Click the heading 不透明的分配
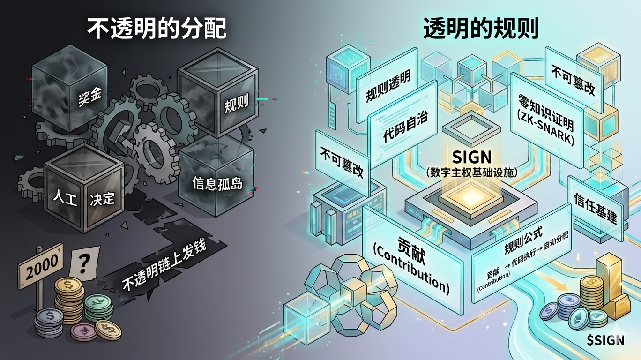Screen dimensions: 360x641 point(157,29)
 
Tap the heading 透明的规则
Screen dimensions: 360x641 point(481,29)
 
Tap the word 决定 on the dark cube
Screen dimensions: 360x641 point(102,198)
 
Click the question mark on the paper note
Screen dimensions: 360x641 point(83,265)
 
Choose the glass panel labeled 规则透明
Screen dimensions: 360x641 point(388,89)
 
